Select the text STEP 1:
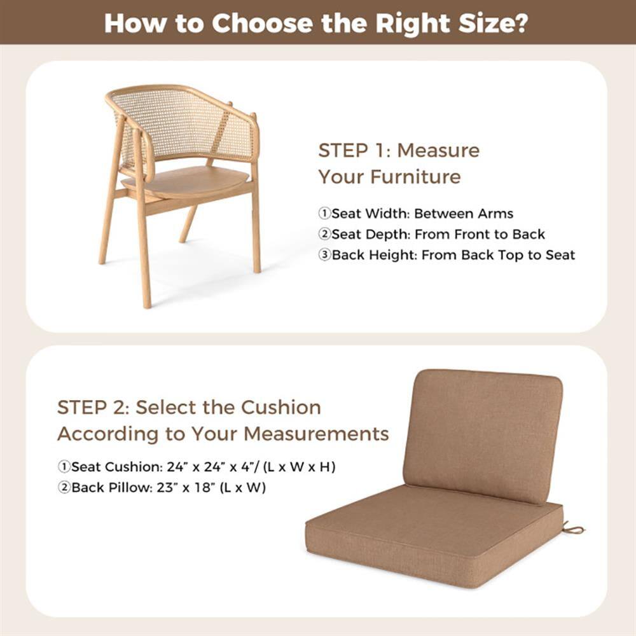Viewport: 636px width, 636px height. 354,151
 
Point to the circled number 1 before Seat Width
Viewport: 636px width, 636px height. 324,214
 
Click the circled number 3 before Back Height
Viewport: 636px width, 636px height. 324,255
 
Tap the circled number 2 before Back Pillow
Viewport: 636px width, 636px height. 64,488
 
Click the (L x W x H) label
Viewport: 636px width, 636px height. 301,467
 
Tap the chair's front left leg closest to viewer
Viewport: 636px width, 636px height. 143,254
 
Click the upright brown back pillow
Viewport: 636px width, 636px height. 483,432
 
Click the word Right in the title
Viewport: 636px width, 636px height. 407,23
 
